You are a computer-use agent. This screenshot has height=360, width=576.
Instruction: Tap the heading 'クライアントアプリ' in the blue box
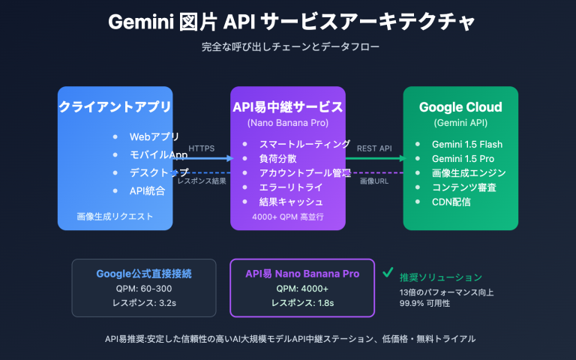point(115,107)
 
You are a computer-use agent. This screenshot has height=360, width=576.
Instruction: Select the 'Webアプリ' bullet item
point(154,136)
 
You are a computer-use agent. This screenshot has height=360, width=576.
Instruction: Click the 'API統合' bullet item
point(148,190)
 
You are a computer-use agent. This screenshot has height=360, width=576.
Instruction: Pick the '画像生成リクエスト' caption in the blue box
point(115,217)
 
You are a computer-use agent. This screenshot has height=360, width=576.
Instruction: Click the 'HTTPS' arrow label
point(201,148)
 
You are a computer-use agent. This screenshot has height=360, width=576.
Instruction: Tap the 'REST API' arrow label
point(374,148)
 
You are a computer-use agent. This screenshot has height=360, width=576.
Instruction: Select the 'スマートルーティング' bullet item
point(304,144)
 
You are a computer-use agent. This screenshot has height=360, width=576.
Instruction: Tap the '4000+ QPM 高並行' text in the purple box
point(288,217)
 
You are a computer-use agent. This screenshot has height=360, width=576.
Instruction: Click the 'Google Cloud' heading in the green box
point(460,107)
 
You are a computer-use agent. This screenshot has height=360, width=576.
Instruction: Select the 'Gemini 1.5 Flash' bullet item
point(466,144)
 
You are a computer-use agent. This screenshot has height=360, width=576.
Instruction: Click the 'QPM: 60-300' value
point(144,289)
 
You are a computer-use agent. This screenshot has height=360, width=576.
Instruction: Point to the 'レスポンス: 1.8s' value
point(301,303)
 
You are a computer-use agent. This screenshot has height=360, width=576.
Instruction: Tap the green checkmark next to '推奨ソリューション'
point(388,274)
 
